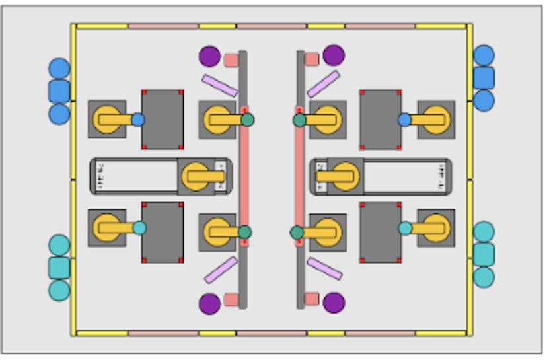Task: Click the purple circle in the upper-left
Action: point(209,56)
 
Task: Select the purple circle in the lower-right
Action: point(334,303)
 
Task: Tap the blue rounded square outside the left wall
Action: point(59,91)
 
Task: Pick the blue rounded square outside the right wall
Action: point(484,78)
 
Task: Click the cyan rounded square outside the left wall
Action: point(59,268)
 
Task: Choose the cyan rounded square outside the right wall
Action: point(484,254)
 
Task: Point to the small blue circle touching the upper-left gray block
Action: point(138,120)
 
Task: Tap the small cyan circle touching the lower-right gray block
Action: point(405,228)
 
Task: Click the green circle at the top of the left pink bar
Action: point(247,120)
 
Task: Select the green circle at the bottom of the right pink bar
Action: point(297,233)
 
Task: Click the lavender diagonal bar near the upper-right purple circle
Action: point(324,83)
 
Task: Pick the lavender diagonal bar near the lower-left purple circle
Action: point(221,270)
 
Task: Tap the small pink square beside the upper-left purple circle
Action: point(231,60)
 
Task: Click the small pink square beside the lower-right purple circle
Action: point(311,299)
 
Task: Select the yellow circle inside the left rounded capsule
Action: point(197,176)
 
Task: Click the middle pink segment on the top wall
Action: point(272,26)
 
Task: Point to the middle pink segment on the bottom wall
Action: point(272,333)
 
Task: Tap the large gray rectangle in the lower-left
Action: point(163,233)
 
